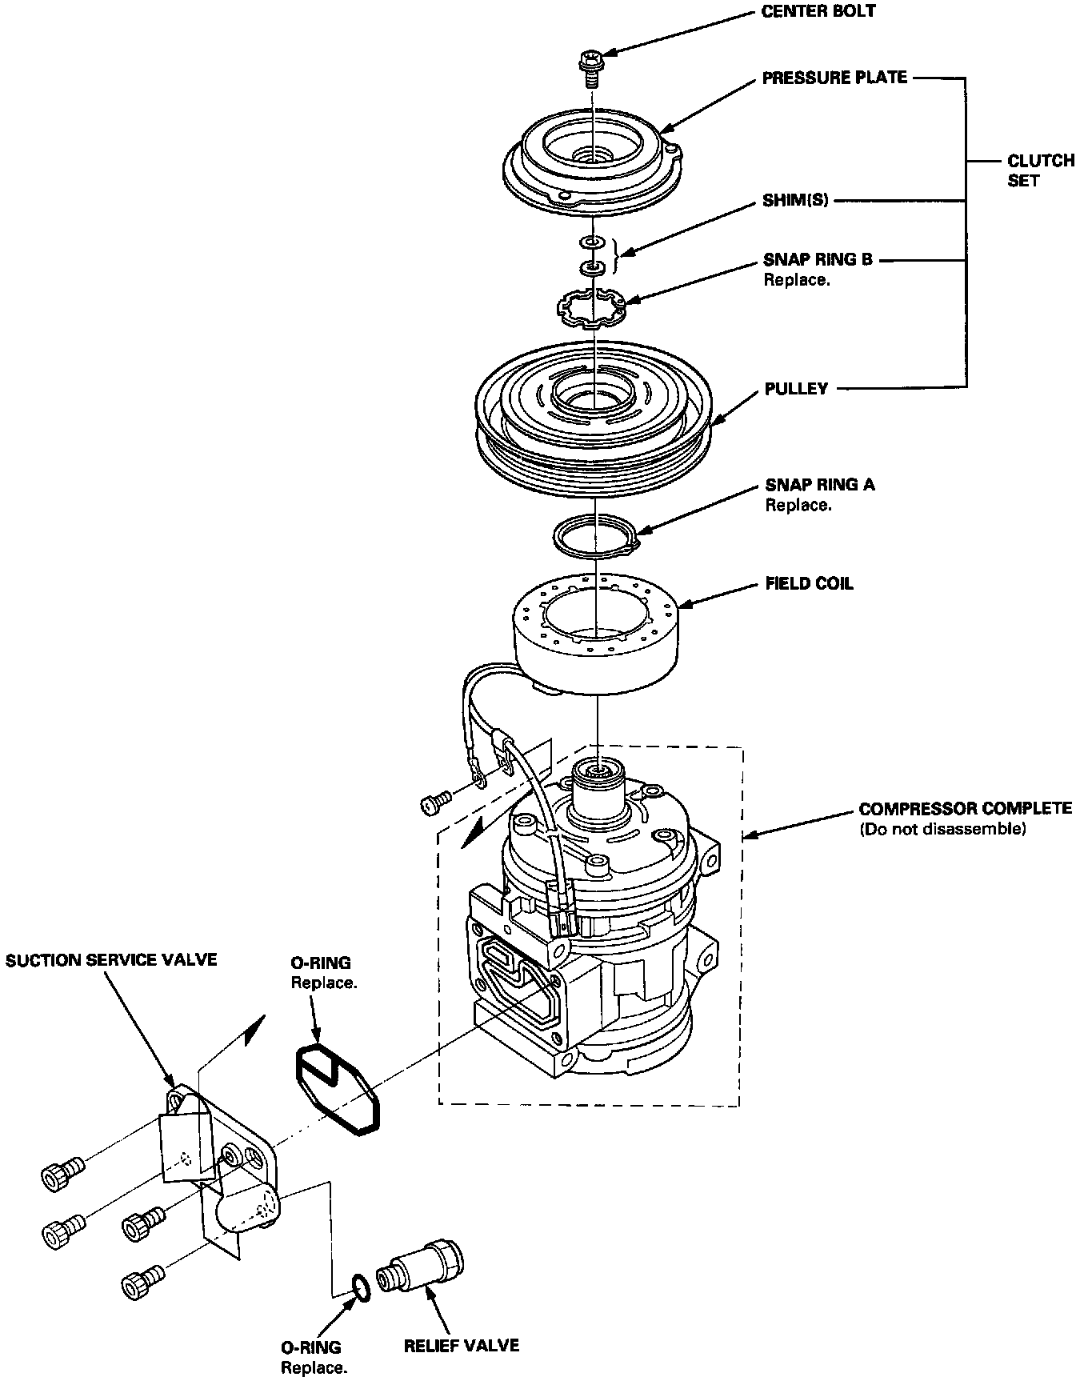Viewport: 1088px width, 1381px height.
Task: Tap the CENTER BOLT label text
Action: coord(819,12)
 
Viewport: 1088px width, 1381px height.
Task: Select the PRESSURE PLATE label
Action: coord(834,78)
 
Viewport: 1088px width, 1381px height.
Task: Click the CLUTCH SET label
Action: coord(1040,170)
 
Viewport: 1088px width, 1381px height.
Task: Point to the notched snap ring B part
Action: coord(591,307)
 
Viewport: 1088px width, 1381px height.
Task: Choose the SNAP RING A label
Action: coord(819,485)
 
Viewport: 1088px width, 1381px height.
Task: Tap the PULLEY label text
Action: coord(796,389)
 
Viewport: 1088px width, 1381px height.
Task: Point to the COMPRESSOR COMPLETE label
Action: coord(966,809)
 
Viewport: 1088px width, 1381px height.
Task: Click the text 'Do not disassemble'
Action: coord(942,830)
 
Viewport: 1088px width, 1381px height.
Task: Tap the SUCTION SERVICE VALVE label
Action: coord(111,959)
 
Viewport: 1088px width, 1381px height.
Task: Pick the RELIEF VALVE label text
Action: coord(461,1345)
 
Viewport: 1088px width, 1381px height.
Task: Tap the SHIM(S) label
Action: coord(796,201)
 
